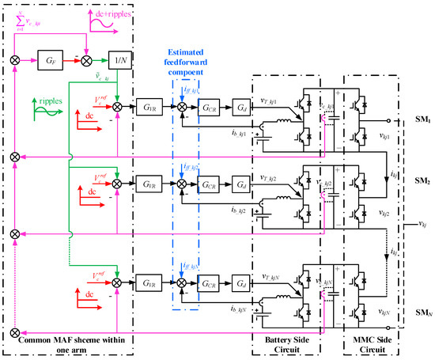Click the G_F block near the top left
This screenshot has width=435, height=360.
point(50,59)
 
